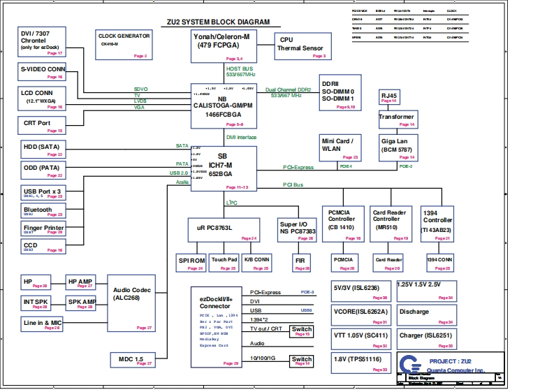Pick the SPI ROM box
(x=191, y=262)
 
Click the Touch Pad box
(x=224, y=262)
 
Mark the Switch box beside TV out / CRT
(x=301, y=331)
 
